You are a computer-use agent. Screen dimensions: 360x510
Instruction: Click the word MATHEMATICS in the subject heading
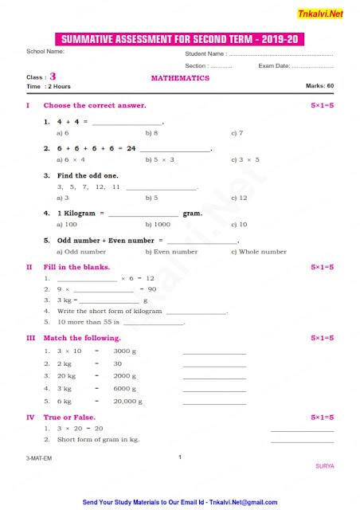click(x=180, y=78)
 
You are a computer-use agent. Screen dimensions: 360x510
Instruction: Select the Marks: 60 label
click(x=319, y=85)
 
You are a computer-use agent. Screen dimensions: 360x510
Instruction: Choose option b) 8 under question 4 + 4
click(x=151, y=133)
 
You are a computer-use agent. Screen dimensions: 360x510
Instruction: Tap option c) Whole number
click(x=258, y=251)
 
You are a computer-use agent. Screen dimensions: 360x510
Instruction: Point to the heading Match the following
click(x=83, y=338)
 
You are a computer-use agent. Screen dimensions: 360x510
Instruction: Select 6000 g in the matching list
click(x=125, y=388)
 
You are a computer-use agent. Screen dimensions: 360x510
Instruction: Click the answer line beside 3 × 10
click(x=213, y=353)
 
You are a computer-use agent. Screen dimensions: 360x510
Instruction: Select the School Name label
click(x=45, y=51)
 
